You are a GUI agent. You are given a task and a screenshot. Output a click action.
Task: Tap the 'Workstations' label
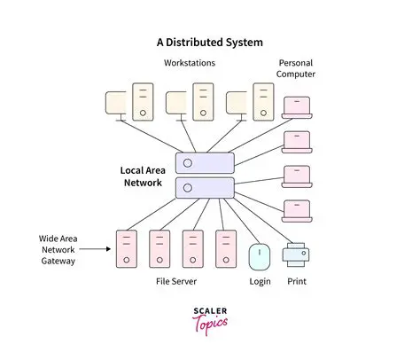click(x=191, y=64)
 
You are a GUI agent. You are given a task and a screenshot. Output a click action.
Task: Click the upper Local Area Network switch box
click(x=205, y=162)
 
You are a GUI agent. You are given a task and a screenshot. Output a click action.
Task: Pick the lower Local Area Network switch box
click(x=205, y=187)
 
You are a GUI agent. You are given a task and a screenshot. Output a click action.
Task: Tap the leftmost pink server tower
click(x=127, y=250)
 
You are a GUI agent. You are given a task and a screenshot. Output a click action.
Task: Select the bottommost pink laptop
click(x=296, y=210)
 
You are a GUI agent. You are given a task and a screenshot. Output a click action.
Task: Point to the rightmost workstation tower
click(x=262, y=101)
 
